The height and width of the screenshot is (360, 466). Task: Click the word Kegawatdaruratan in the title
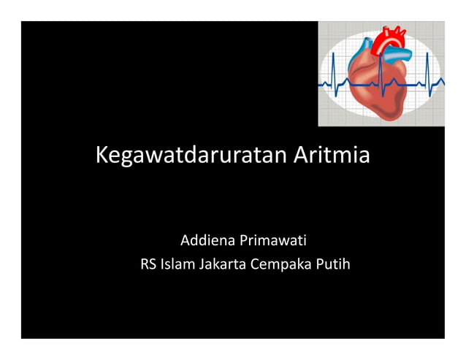(x=193, y=156)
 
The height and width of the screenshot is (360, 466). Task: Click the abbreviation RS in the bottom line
(x=148, y=264)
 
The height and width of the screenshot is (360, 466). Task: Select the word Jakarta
(x=222, y=264)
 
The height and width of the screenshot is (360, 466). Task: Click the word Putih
(x=332, y=264)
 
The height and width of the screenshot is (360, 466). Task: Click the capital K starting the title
(x=103, y=156)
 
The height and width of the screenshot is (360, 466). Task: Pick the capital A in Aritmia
(x=303, y=156)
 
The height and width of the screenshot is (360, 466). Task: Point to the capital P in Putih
(x=318, y=264)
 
